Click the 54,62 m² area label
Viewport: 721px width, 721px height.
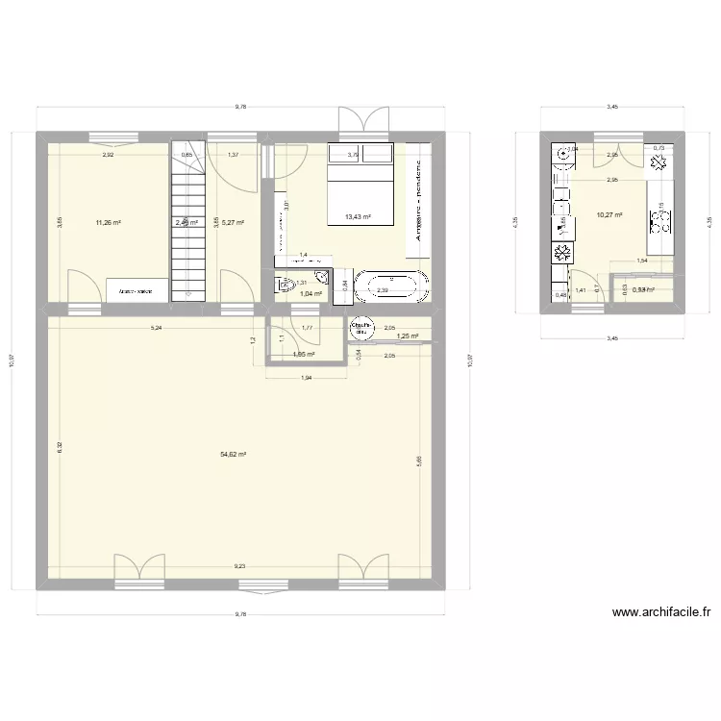coord(235,455)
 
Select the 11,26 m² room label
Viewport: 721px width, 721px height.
coord(108,222)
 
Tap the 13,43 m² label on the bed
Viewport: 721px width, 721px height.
coord(358,216)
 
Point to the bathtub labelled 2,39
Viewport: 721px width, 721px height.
coord(389,286)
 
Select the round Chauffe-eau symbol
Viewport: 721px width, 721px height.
coord(362,328)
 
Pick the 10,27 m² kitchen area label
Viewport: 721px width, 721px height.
coord(609,215)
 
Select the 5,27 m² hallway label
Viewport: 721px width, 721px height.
coord(233,222)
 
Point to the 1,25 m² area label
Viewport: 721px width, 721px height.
coord(408,336)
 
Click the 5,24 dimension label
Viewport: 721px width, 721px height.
coord(156,328)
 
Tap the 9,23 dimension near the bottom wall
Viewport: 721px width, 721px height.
coord(238,567)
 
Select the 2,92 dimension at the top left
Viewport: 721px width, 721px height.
coord(110,154)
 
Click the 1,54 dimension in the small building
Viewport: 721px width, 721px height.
coord(642,261)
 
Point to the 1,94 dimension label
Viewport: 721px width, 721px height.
coord(306,378)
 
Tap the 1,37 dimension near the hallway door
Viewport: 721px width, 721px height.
coord(233,154)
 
